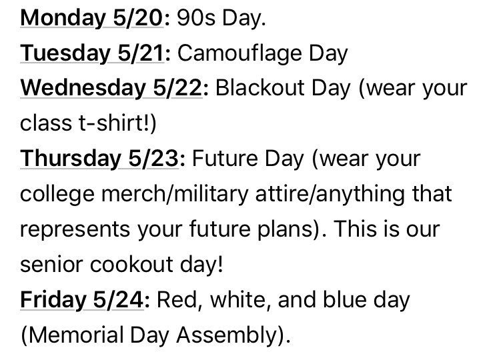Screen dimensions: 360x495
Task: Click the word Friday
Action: (49, 300)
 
